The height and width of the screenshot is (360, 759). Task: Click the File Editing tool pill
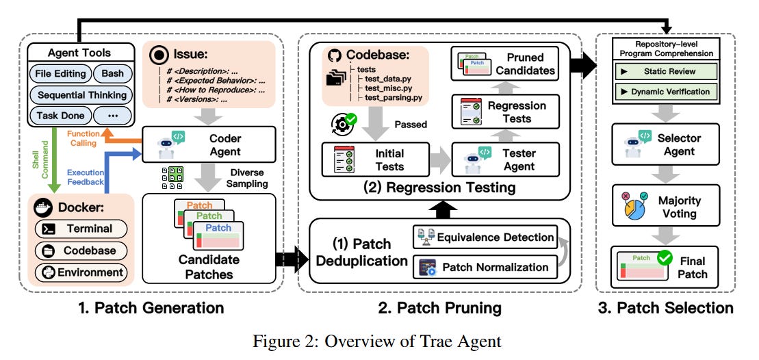coord(60,73)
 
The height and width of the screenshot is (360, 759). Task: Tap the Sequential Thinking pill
coord(82,94)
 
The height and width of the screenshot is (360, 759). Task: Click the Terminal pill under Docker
coord(81,229)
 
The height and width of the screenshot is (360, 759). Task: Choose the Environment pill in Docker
coord(81,272)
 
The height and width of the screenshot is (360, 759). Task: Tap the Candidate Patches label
coord(209,267)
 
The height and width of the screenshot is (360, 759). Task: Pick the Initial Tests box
coord(376,160)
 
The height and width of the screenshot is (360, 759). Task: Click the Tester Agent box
coord(506,160)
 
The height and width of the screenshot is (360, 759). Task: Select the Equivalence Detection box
coord(485,237)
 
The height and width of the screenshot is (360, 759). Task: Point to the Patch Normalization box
coord(485,266)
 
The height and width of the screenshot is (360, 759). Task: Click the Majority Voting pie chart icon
coord(634,206)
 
